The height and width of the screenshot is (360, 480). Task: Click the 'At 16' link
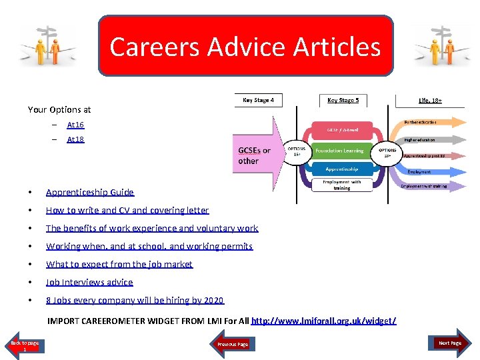click(x=75, y=125)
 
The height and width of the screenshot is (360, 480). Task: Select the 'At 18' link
click(x=75, y=139)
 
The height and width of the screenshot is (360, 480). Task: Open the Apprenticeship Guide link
click(x=89, y=192)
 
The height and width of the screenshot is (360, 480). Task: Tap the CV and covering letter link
click(x=127, y=210)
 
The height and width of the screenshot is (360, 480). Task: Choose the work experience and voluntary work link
click(x=151, y=228)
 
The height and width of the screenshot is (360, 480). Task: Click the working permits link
click(x=149, y=246)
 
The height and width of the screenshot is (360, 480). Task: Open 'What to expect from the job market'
click(x=119, y=264)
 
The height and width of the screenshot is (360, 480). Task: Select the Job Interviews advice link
click(x=89, y=282)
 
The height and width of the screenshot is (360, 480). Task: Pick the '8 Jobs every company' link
click(x=135, y=300)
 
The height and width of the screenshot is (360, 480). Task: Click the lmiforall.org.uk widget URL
click(x=324, y=321)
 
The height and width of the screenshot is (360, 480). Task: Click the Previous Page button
click(x=233, y=344)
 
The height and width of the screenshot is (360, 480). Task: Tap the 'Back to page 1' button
click(x=25, y=345)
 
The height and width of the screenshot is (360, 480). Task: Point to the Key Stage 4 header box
click(x=258, y=100)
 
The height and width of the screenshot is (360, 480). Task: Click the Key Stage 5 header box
click(x=343, y=101)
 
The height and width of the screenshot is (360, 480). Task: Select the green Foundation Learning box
click(x=339, y=151)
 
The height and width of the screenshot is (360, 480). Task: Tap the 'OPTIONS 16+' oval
click(x=297, y=151)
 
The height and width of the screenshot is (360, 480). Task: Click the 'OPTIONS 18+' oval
click(x=387, y=151)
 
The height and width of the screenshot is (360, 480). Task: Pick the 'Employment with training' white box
click(x=341, y=185)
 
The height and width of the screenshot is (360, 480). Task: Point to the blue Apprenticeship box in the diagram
click(x=341, y=169)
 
